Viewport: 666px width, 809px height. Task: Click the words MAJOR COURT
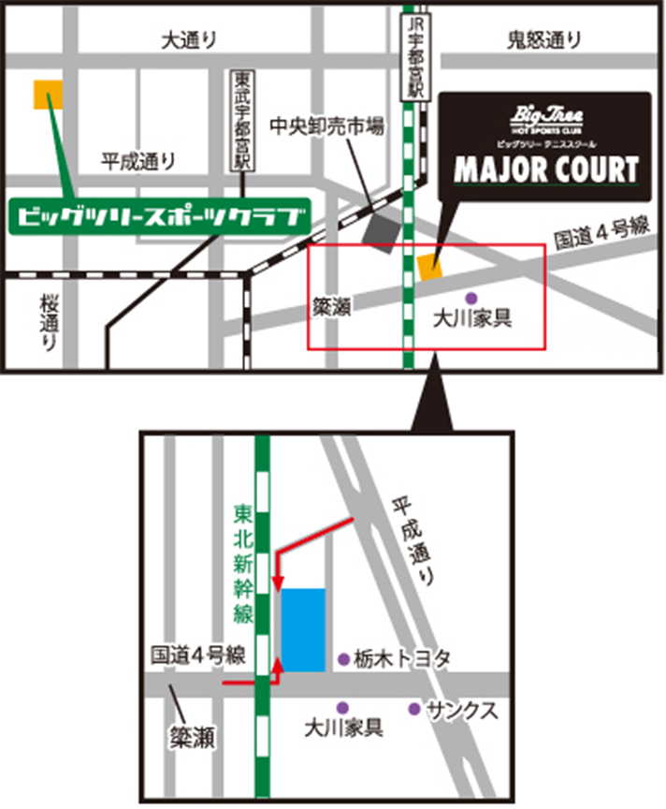click(546, 169)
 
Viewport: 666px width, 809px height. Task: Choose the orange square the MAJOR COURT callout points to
click(430, 266)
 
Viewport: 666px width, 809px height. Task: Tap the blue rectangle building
click(304, 629)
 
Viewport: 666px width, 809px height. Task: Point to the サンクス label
click(460, 710)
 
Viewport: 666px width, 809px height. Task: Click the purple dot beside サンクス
click(413, 709)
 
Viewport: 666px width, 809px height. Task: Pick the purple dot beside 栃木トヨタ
click(344, 659)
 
